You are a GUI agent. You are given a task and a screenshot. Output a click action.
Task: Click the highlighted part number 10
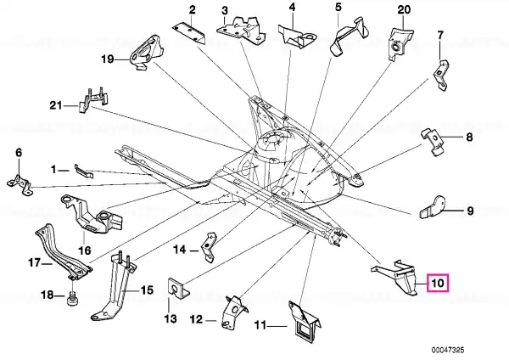pos(438,283)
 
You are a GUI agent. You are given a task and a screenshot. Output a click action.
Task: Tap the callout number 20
pos(404,9)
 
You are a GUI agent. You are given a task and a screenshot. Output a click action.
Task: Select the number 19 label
pos(108,59)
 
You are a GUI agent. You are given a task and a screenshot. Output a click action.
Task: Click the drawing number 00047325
pos(448,351)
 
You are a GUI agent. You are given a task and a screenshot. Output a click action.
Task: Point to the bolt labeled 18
pos(73,298)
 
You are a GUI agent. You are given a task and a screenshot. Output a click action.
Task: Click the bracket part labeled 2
pos(189,33)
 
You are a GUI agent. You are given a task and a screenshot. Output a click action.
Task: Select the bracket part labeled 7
pos(441,75)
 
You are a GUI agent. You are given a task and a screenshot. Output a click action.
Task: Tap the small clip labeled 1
pos(84,172)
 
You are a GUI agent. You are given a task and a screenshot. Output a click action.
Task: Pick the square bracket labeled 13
pos(178,288)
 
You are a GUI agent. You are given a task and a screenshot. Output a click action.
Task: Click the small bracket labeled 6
pos(20,185)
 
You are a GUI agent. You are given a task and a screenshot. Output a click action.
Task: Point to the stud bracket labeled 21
pos(92,99)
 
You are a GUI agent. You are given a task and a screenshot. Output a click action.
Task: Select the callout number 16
pos(84,250)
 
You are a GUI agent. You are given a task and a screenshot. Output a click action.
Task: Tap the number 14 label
pos(180,250)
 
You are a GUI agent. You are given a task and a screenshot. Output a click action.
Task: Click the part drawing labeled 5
pos(349,36)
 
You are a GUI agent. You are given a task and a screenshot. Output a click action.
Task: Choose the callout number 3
pos(225,10)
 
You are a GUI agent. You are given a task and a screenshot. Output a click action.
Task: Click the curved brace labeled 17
pos(63,252)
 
